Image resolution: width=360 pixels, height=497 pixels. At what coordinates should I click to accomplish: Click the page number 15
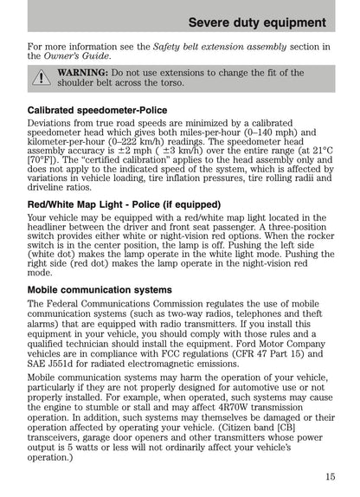(x=330, y=475)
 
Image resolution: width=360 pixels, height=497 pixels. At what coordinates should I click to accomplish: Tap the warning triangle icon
(x=40, y=78)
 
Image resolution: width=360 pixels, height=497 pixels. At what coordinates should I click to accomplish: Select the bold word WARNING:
(x=84, y=72)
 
